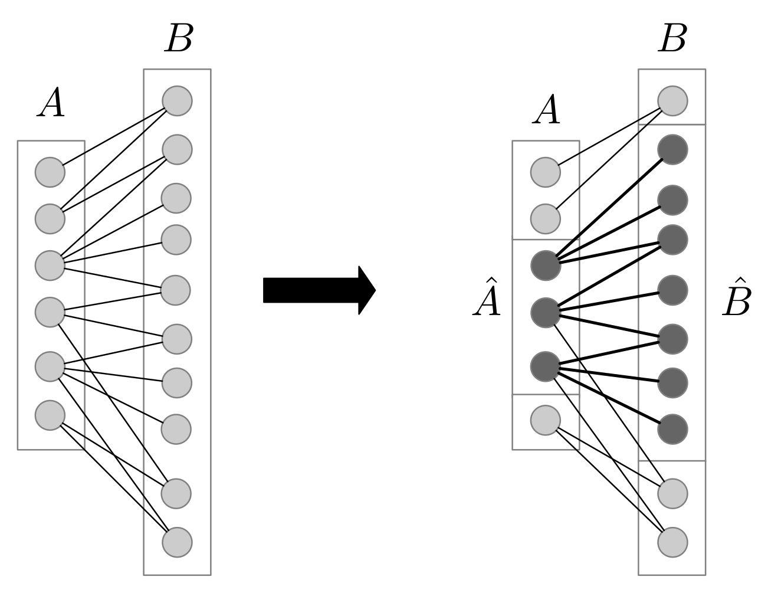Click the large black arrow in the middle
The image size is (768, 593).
[x=319, y=290]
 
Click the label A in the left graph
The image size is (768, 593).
[x=51, y=105]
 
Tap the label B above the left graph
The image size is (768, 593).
[x=178, y=39]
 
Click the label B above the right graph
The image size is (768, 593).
[x=672, y=39]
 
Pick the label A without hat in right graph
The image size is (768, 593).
[x=546, y=111]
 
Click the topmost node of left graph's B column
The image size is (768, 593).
[x=177, y=101]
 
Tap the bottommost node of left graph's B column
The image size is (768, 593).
[x=177, y=542]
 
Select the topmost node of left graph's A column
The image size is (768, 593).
[x=50, y=172]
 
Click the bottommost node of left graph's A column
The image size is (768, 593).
[x=50, y=415]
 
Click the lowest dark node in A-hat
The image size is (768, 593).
[x=546, y=366]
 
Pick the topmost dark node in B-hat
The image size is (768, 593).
[x=672, y=150]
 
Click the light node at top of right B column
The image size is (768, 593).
[x=672, y=100]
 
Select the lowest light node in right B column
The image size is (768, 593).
[x=672, y=542]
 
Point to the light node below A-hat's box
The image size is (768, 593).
[x=546, y=420]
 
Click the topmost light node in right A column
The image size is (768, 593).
[x=546, y=172]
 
